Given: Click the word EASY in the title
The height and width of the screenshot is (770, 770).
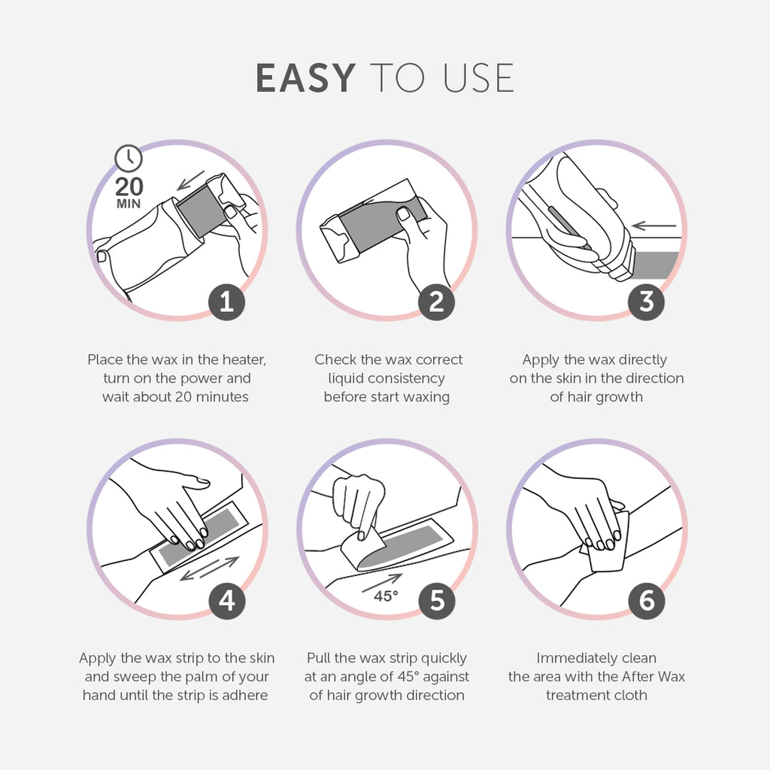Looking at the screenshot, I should pyautogui.click(x=305, y=78).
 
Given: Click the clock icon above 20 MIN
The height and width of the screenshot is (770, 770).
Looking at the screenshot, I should pyautogui.click(x=129, y=158).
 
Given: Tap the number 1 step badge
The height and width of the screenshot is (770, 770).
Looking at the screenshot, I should pyautogui.click(x=226, y=302).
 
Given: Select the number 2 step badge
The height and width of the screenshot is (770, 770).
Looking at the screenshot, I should pyautogui.click(x=436, y=302).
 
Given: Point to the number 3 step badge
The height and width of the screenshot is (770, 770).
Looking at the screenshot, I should pyautogui.click(x=646, y=302).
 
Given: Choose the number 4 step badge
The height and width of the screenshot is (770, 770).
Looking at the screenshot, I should pyautogui.click(x=226, y=601).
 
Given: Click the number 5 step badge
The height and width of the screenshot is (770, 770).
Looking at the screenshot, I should pyautogui.click(x=436, y=601).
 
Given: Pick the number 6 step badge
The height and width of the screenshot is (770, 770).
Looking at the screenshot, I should pyautogui.click(x=646, y=601).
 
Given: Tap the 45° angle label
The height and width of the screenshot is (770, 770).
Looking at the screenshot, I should pyautogui.click(x=387, y=596).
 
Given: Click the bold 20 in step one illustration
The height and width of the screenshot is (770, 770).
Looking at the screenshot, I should pyautogui.click(x=129, y=186).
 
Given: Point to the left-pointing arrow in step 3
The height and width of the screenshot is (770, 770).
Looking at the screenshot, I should pyautogui.click(x=654, y=225).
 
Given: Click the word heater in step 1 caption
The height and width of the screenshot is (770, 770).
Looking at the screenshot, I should pyautogui.click(x=242, y=360).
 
